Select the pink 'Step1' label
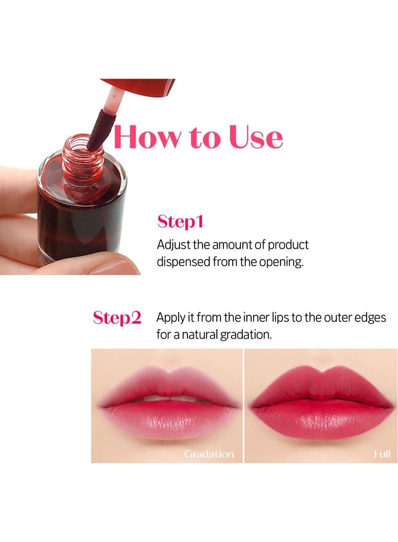[180, 221]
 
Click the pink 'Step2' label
[117, 318]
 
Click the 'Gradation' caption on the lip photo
[208, 454]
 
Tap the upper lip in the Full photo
[321, 385]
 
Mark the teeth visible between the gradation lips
[164, 399]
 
